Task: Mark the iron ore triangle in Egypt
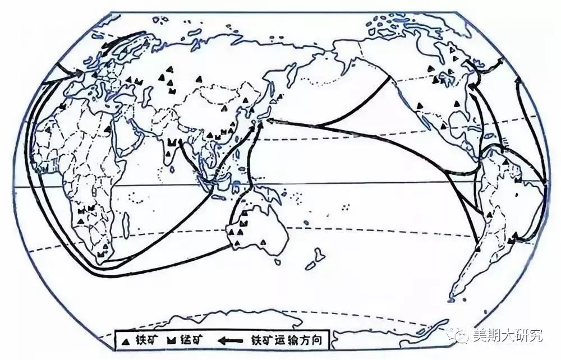(x=107, y=130)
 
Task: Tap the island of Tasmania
(x=277, y=261)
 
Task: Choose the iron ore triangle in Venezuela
(x=507, y=161)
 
